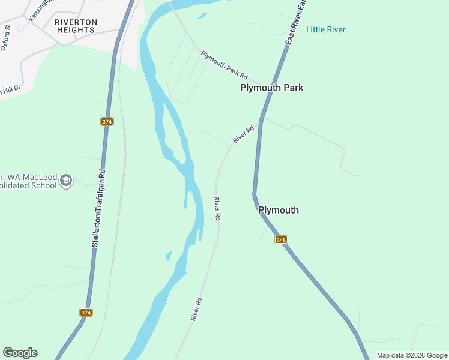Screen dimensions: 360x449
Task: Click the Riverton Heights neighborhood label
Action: (76, 26)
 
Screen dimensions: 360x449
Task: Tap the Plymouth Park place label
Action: (271, 88)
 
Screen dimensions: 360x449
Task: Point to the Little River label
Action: (325, 29)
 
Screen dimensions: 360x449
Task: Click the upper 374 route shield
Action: (107, 121)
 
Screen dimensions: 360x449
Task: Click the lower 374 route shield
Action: (86, 312)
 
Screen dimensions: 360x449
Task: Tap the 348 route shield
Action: (281, 239)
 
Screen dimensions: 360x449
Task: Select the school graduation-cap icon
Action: (67, 180)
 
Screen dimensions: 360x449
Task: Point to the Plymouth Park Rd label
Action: (224, 64)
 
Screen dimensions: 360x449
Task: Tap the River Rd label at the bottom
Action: (196, 309)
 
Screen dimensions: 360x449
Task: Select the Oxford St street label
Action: (7, 36)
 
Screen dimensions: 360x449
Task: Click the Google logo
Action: (20, 353)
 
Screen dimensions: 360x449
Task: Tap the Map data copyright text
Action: (412, 355)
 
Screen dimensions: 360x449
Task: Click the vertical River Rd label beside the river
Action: (218, 208)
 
